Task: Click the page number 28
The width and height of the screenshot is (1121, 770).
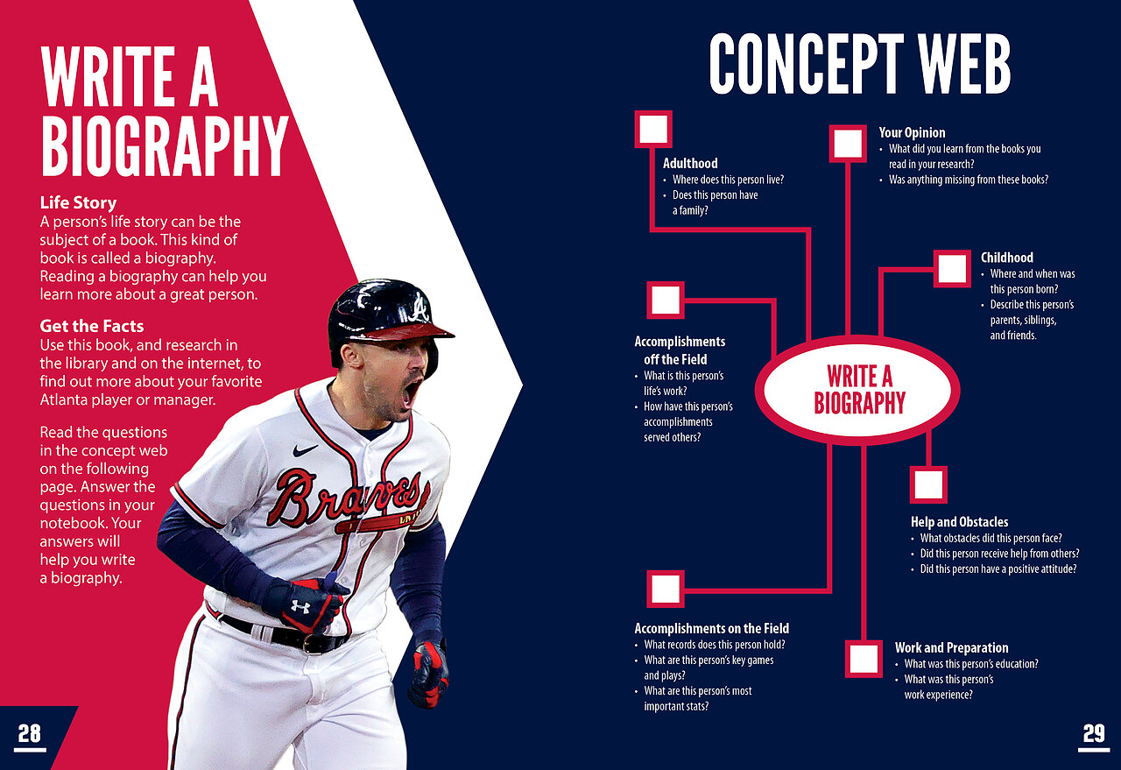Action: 30,733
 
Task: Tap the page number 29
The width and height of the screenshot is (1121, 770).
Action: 1094,733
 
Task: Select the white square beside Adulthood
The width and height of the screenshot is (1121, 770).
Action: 653,129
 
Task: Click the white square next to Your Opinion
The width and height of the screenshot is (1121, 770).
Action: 848,144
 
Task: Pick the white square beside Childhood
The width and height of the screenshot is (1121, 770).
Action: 952,269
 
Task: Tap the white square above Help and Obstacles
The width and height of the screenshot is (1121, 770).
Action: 928,484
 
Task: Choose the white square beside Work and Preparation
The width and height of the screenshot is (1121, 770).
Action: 864,659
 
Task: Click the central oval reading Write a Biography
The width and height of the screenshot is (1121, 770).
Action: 857,390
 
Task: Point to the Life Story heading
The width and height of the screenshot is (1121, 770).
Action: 78,202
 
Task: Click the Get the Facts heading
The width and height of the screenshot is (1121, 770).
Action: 92,326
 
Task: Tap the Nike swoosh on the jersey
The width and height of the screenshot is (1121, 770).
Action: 305,450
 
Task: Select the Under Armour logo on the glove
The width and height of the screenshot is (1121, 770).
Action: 300,607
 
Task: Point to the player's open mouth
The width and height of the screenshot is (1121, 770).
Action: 412,391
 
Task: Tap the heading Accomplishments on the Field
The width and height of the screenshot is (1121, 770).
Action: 712,629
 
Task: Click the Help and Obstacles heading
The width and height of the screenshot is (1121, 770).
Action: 959,522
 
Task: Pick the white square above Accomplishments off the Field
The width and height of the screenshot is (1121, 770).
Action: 666,300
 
